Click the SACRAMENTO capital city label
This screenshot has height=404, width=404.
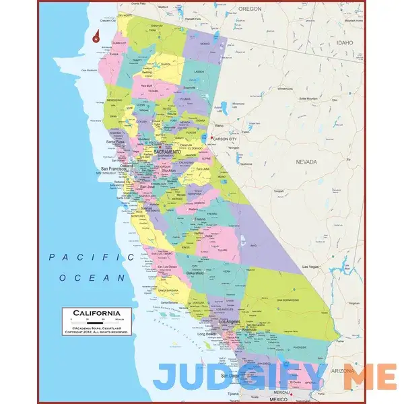pos(167,152)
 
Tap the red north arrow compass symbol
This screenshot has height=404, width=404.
pos(97,36)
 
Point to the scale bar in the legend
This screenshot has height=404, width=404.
pos(92,321)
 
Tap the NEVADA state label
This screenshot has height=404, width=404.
pos(307,162)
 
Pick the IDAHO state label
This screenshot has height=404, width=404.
pos(345,42)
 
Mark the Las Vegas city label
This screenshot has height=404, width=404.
pos(310,267)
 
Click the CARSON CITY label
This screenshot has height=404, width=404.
pos(225,139)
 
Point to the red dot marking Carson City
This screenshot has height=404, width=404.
pos(212,139)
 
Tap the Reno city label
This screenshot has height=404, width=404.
pos(219,125)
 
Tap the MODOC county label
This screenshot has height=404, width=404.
pos(205,44)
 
